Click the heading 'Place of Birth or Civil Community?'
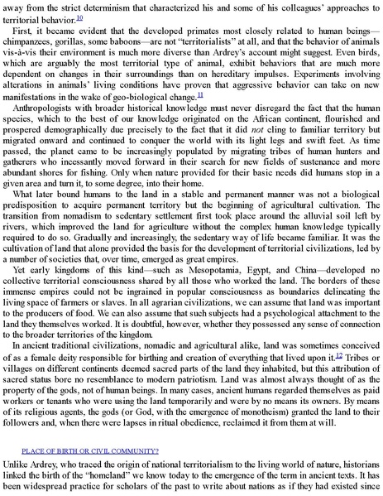[90, 450]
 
